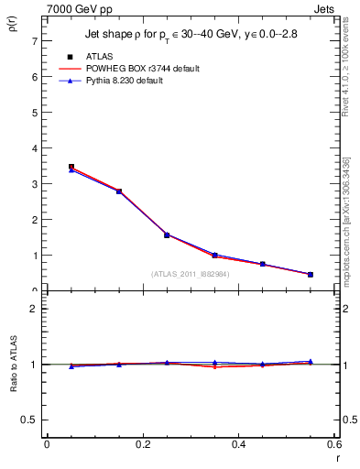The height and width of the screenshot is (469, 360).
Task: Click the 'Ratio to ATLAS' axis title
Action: [12, 363]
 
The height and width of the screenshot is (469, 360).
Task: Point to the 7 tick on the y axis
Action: [34, 42]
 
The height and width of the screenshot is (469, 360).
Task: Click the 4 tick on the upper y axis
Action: [34, 148]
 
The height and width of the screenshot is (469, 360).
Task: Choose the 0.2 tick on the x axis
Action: [143, 444]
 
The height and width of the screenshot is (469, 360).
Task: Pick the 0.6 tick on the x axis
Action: [334, 444]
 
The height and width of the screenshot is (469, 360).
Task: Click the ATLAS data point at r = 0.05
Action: [71, 168]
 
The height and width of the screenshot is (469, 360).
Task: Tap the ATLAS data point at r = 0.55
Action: [311, 274]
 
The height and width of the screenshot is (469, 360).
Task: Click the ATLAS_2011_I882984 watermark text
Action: [191, 274]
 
